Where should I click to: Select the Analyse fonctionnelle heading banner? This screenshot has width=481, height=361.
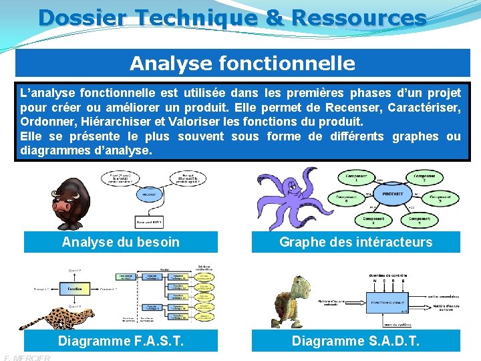243,64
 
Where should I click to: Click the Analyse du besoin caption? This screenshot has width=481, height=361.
121,242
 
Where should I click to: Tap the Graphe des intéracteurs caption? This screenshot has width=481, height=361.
355,242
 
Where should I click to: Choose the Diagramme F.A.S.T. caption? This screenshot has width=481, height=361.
121,341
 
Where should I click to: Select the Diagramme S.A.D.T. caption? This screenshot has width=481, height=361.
355,341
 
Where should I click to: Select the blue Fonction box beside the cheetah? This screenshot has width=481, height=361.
74,289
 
